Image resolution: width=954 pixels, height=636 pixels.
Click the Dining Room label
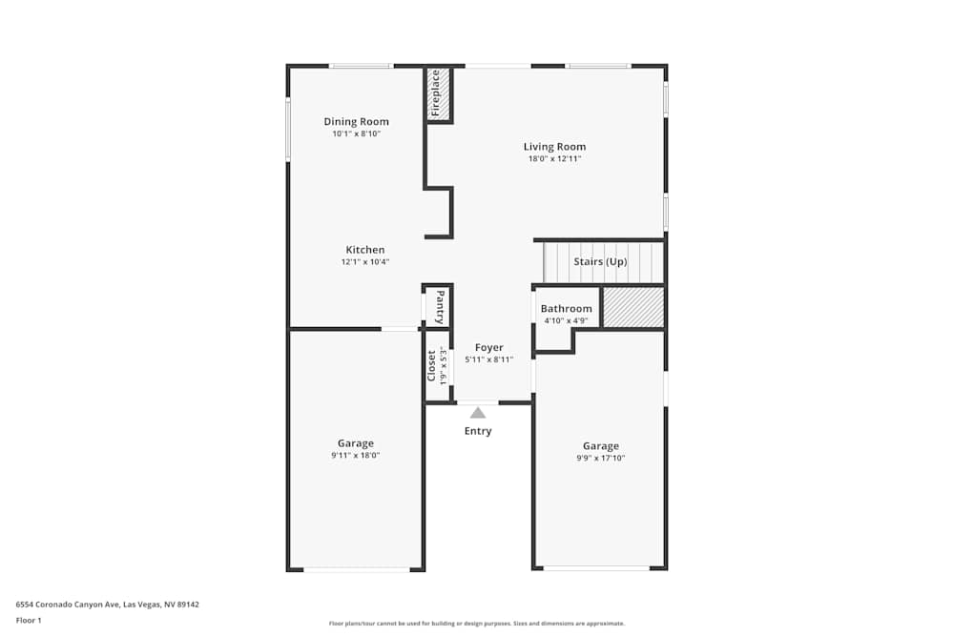click(x=356, y=121)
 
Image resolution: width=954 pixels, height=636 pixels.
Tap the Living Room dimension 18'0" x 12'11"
click(x=554, y=159)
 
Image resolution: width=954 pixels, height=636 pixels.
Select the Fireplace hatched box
click(x=439, y=94)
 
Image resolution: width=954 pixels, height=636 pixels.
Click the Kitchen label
click(x=365, y=250)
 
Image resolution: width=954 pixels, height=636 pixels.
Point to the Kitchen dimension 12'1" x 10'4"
click(x=365, y=262)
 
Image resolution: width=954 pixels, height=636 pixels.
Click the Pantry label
click(x=440, y=307)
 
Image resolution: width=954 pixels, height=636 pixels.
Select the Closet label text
click(x=431, y=365)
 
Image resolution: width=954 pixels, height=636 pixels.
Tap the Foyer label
click(x=488, y=347)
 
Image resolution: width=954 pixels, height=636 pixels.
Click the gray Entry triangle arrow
click(x=478, y=413)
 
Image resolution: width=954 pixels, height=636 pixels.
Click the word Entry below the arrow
click(x=478, y=431)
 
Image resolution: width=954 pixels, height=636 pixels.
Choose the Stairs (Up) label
click(x=600, y=261)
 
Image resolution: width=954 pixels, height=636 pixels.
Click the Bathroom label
click(x=566, y=308)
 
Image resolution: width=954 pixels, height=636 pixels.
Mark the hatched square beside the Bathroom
click(x=633, y=307)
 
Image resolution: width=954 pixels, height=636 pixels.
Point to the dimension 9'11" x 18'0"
click(x=356, y=456)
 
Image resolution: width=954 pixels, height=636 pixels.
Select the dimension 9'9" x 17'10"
click(x=601, y=459)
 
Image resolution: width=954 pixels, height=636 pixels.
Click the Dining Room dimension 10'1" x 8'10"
click(x=356, y=134)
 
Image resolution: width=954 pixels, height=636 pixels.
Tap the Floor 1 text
click(x=29, y=620)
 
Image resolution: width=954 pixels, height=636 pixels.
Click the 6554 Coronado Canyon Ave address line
click(x=107, y=604)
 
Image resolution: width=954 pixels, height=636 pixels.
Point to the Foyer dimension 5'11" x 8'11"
click(x=488, y=359)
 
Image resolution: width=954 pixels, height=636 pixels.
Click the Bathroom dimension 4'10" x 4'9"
click(x=566, y=320)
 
